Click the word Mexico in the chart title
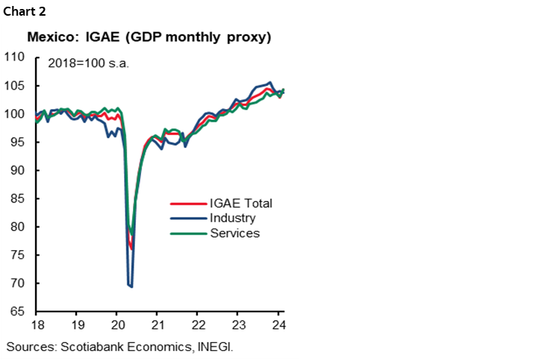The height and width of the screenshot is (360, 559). (x=50, y=37)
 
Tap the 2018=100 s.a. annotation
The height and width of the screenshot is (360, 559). (x=88, y=63)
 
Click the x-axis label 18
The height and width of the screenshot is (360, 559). (x=36, y=326)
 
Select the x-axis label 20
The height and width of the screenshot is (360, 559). (x=116, y=326)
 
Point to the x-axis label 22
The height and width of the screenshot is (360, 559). (x=198, y=326)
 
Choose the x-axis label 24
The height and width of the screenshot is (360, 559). (x=278, y=326)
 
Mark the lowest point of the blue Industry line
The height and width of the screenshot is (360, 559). (x=131, y=286)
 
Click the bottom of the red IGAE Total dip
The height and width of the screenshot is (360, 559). (x=131, y=249)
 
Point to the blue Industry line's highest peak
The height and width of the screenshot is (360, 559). (x=269, y=82)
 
